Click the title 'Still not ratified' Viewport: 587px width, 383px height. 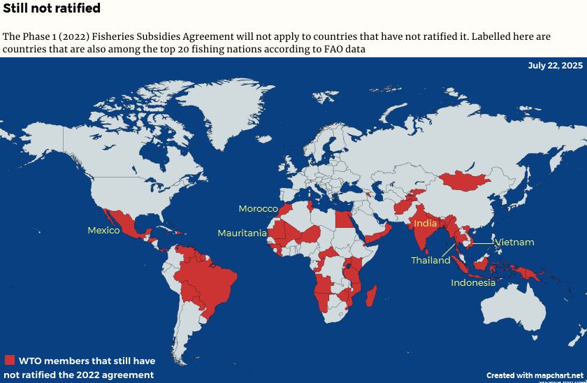click(52, 9)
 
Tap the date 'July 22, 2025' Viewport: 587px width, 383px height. click(555, 66)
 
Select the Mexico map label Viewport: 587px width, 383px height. click(103, 231)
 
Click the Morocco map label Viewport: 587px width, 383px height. click(258, 209)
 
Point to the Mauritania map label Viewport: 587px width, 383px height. click(242, 233)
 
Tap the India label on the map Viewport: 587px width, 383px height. click(425, 224)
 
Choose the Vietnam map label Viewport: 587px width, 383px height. click(514, 243)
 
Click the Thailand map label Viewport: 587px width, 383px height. click(430, 261)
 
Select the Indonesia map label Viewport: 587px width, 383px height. click(473, 283)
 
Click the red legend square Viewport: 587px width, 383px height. click(9, 361)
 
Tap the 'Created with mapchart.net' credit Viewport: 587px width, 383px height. click(535, 375)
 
